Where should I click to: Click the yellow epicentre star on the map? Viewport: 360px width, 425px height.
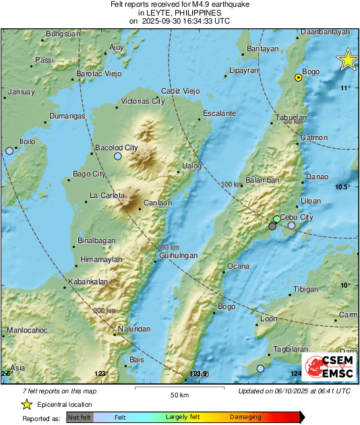[347, 60]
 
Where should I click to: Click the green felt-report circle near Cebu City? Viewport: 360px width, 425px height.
[276, 220]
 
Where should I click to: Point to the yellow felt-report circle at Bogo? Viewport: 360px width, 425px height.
[298, 78]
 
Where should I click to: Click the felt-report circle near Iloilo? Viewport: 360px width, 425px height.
[9, 151]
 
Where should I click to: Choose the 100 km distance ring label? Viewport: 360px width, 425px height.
[231, 184]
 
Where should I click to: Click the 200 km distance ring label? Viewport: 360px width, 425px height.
[104, 310]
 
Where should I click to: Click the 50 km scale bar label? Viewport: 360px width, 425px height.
[179, 394]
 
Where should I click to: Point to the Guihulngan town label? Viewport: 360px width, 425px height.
[178, 256]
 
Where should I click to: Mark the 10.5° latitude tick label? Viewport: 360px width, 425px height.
[345, 187]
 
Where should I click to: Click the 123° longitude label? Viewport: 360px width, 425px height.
[101, 373]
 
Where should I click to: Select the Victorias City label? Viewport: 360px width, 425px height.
[142, 101]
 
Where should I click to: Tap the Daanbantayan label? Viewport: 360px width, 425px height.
[326, 32]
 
